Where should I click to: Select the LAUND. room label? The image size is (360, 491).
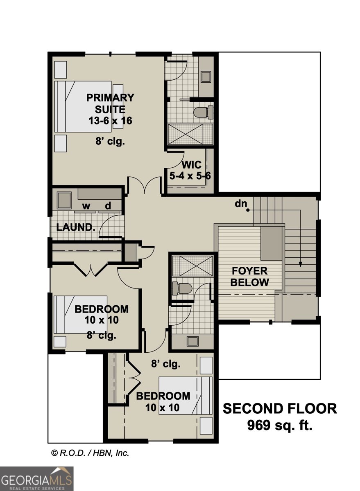[x=76, y=227]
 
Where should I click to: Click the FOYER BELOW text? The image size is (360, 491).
[x=249, y=277]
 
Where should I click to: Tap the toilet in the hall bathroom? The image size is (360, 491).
[x=181, y=288]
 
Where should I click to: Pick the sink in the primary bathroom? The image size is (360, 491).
[x=206, y=77]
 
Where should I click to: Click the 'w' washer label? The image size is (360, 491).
[x=86, y=206]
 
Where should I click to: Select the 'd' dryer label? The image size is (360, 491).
[x=108, y=206]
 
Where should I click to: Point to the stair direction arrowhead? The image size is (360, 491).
[x=301, y=264]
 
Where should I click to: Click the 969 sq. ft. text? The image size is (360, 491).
[x=280, y=426]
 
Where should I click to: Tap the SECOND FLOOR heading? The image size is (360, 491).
[x=280, y=408]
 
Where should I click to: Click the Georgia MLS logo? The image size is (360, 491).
[x=36, y=479]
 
